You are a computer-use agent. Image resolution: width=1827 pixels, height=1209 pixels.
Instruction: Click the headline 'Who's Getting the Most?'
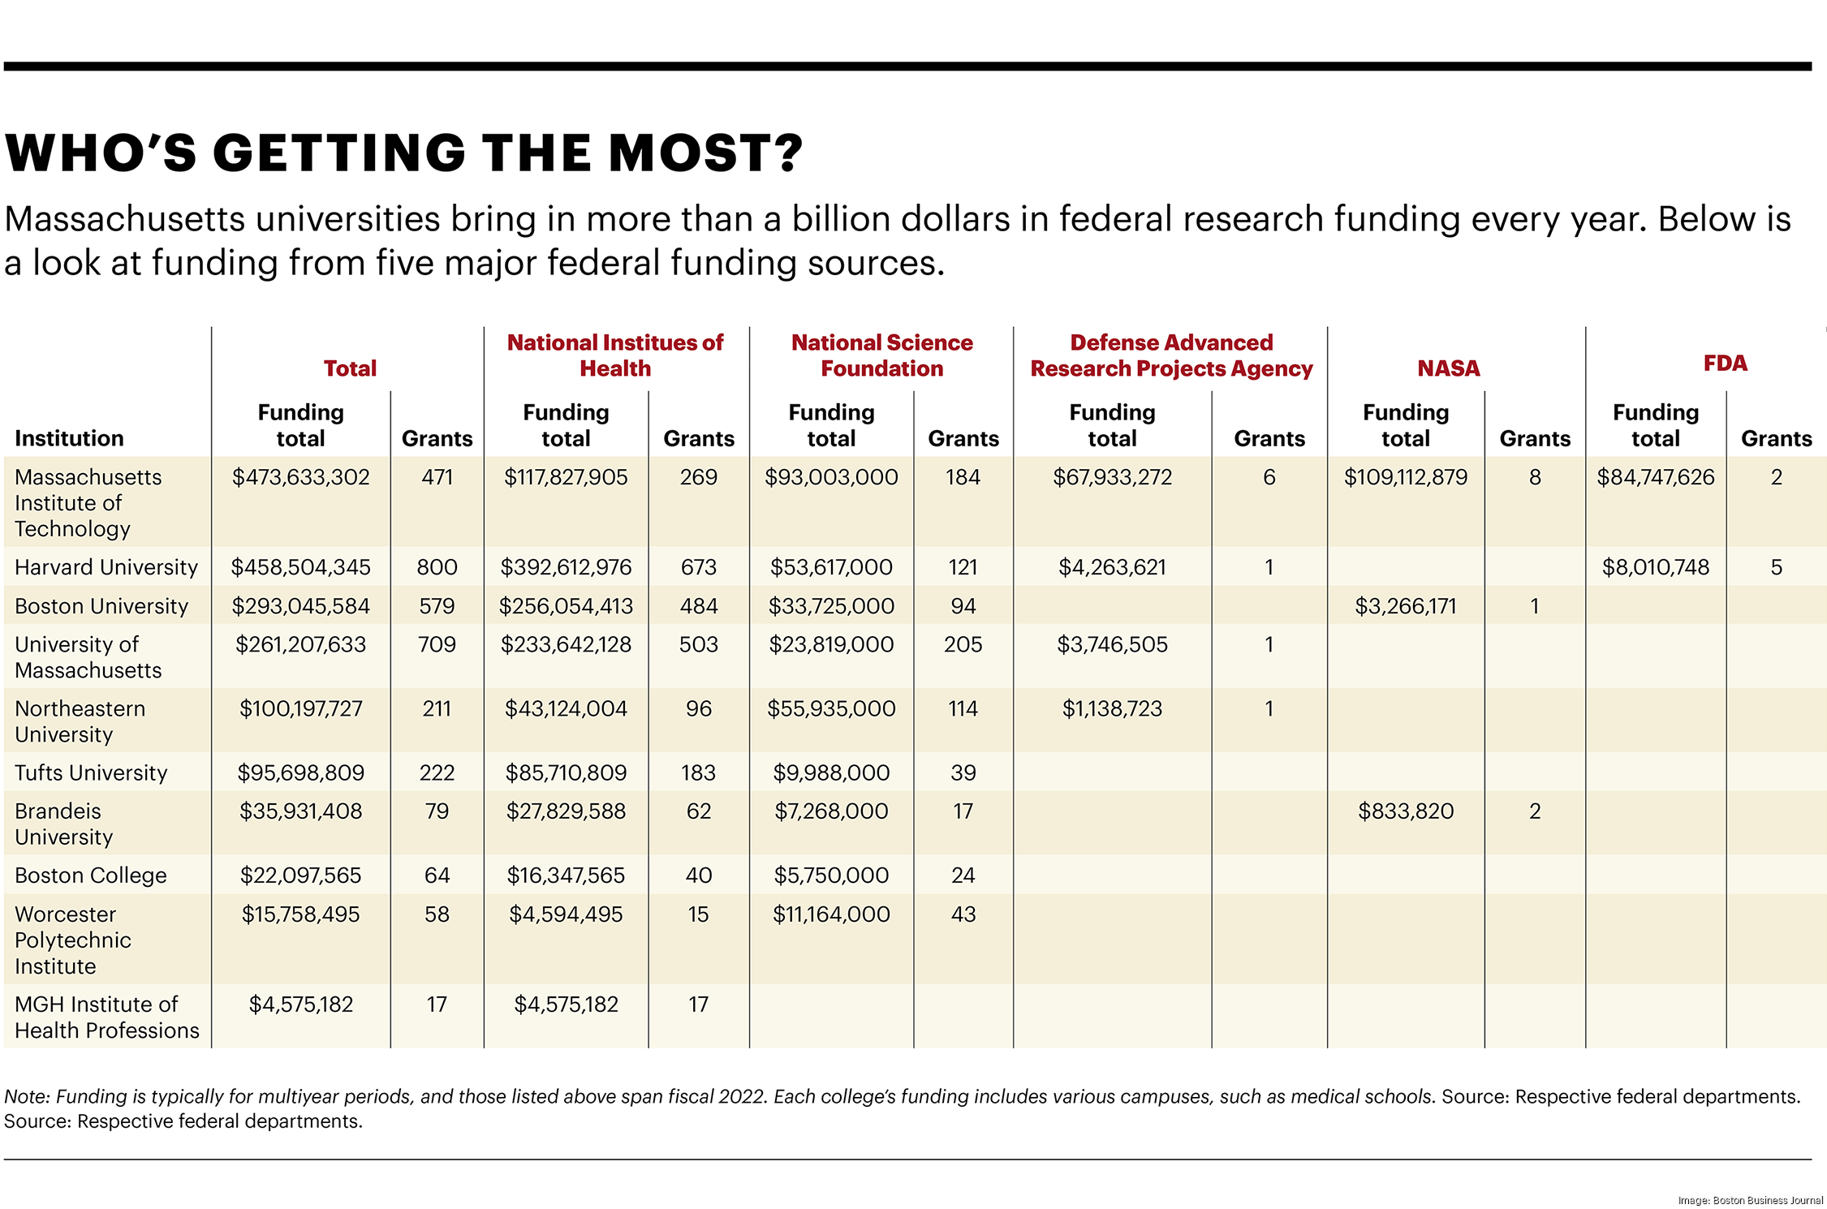click(403, 153)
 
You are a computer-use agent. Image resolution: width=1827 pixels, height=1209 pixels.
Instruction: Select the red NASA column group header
click(1448, 368)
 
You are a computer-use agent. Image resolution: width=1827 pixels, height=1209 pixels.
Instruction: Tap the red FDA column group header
click(1725, 363)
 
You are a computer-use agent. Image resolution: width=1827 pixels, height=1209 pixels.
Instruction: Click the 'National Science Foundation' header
click(881, 355)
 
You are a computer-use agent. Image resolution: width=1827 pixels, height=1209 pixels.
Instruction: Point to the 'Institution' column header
click(69, 438)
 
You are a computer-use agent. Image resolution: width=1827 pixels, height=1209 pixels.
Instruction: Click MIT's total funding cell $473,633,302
click(300, 477)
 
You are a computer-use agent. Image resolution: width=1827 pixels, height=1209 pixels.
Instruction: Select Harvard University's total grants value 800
click(437, 567)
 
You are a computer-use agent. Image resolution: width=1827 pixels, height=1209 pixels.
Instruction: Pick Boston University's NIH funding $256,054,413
click(565, 606)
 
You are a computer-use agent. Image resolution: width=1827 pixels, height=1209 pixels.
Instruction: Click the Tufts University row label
click(91, 772)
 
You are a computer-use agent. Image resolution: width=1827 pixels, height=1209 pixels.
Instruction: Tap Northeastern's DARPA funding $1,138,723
click(1112, 708)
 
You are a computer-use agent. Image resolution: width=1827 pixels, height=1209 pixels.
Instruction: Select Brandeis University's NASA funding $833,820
click(1406, 811)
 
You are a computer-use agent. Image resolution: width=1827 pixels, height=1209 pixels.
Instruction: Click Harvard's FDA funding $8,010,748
click(1655, 567)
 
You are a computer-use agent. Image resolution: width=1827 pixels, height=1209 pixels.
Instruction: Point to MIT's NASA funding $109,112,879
click(1406, 477)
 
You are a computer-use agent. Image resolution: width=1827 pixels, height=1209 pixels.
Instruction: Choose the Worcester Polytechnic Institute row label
click(72, 940)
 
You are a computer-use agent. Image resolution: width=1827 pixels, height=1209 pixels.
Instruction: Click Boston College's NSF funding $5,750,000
click(831, 876)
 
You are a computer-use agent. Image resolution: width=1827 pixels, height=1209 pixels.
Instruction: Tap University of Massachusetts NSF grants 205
click(963, 644)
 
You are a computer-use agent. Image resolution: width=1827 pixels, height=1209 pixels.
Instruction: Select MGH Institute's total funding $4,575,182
click(300, 1005)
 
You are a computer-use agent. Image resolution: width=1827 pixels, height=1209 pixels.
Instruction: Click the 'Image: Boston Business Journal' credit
click(1750, 1200)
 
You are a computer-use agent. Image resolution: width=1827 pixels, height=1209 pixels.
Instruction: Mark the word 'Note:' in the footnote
click(27, 1097)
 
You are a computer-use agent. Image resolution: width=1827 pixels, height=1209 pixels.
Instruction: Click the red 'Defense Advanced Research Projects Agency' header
click(1170, 355)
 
